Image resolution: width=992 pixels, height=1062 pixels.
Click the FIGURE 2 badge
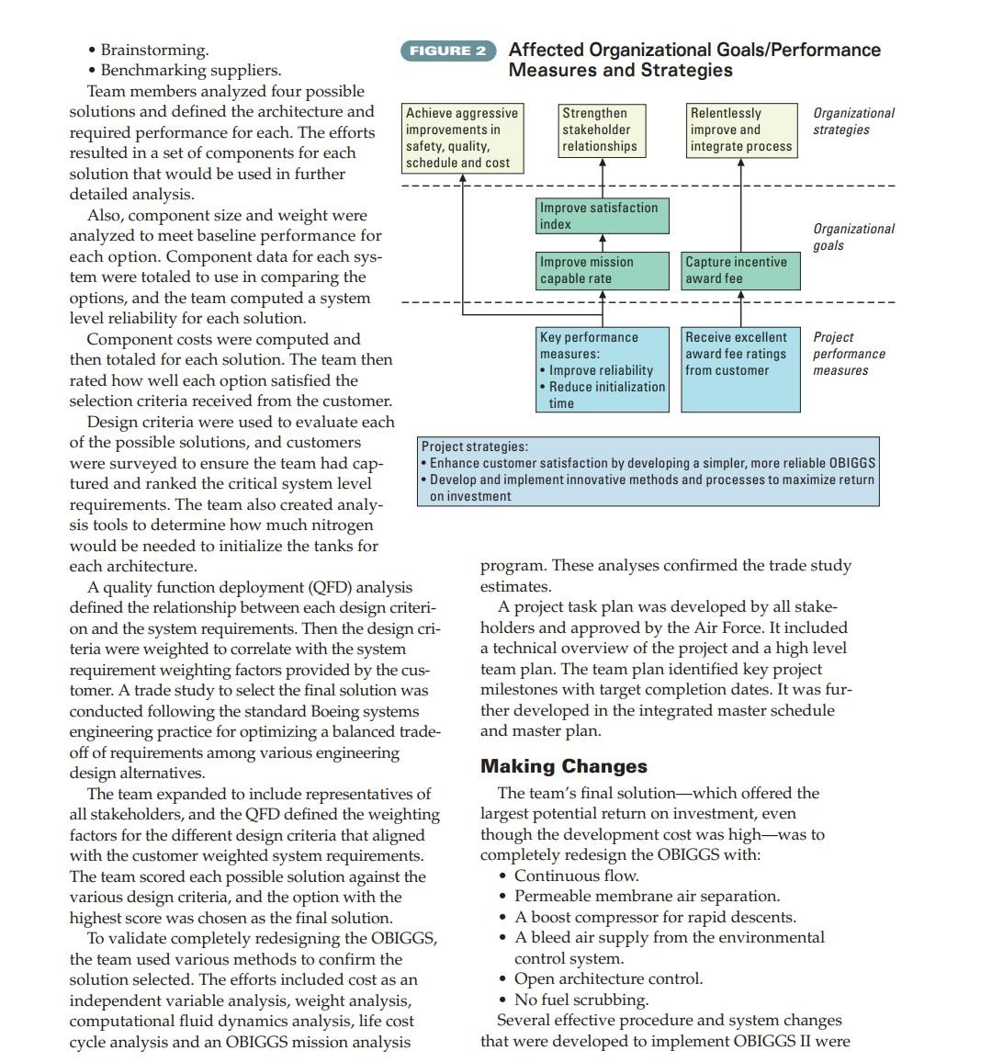click(447, 51)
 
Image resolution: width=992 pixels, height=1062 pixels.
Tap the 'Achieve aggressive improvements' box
click(462, 138)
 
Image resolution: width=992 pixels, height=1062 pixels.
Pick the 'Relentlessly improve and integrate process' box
click(741, 130)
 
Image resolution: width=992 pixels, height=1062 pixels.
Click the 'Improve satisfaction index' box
click(603, 216)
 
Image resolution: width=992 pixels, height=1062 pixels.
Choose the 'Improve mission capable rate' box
click(603, 270)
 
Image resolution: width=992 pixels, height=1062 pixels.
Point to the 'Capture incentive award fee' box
click(740, 270)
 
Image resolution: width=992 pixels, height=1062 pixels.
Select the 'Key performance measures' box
click(603, 369)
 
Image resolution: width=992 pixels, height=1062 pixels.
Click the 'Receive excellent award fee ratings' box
click(740, 369)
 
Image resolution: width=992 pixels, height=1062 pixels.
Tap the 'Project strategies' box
click(648, 471)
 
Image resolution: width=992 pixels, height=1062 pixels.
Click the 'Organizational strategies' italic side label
click(853, 121)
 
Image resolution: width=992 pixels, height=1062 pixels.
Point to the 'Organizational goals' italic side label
click(853, 237)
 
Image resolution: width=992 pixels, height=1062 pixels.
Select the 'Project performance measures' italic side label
click(849, 354)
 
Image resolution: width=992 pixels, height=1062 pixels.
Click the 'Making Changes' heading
click(563, 766)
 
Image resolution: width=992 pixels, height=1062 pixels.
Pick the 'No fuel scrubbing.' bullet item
click(581, 1000)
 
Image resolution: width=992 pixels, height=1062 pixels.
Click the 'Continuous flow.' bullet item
click(576, 876)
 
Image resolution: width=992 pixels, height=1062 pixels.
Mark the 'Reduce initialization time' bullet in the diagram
click(606, 395)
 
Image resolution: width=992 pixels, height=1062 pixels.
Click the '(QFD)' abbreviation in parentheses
click(332, 587)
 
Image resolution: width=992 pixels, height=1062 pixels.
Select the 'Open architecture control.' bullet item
click(608, 978)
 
